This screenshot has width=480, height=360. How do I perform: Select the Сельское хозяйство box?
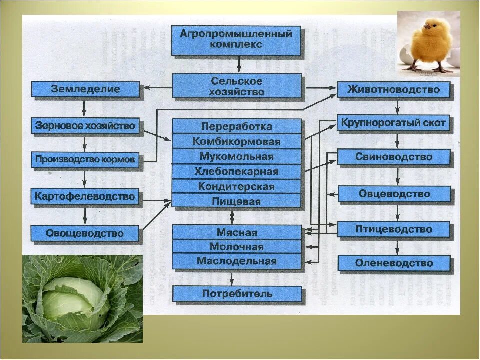coord(236,86)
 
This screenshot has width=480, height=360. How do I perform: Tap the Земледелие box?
coord(85,89)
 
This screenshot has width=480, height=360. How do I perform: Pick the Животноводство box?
coord(394,90)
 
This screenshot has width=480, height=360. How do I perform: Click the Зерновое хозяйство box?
coord(85,126)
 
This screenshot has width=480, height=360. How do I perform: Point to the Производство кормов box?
coord(85,161)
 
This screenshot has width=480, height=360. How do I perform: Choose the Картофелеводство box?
coord(85,197)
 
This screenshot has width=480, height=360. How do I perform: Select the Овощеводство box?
coord(85,233)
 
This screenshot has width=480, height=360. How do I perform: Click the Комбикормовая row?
coord(236,142)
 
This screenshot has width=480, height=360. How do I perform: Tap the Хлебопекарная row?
coord(236,172)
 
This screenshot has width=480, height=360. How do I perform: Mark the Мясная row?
coord(236,233)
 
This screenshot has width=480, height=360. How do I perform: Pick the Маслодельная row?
coord(236,261)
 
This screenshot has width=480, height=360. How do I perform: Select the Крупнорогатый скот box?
coord(394,123)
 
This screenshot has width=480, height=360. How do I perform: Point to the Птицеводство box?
coord(394,230)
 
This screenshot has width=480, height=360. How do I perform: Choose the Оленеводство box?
coord(394,263)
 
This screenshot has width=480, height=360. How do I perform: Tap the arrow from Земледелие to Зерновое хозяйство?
coord(84,107)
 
